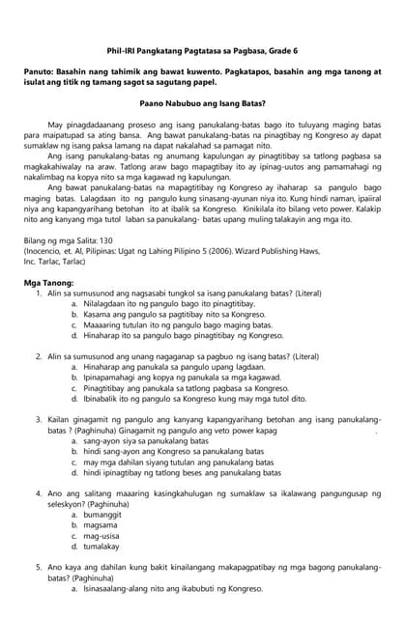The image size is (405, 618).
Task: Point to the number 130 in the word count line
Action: click(x=113, y=239)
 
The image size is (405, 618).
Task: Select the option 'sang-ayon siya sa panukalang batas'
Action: click(x=146, y=441)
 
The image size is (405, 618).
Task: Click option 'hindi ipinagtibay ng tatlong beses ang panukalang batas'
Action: click(x=181, y=474)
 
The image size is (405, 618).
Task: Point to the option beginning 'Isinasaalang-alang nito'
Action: click(x=174, y=589)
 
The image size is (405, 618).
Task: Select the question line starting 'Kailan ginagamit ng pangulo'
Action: click(x=213, y=420)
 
